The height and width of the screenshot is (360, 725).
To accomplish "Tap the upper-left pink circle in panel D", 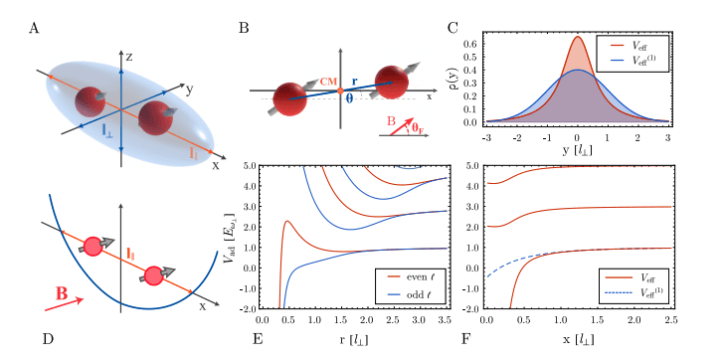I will [x=95, y=246].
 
